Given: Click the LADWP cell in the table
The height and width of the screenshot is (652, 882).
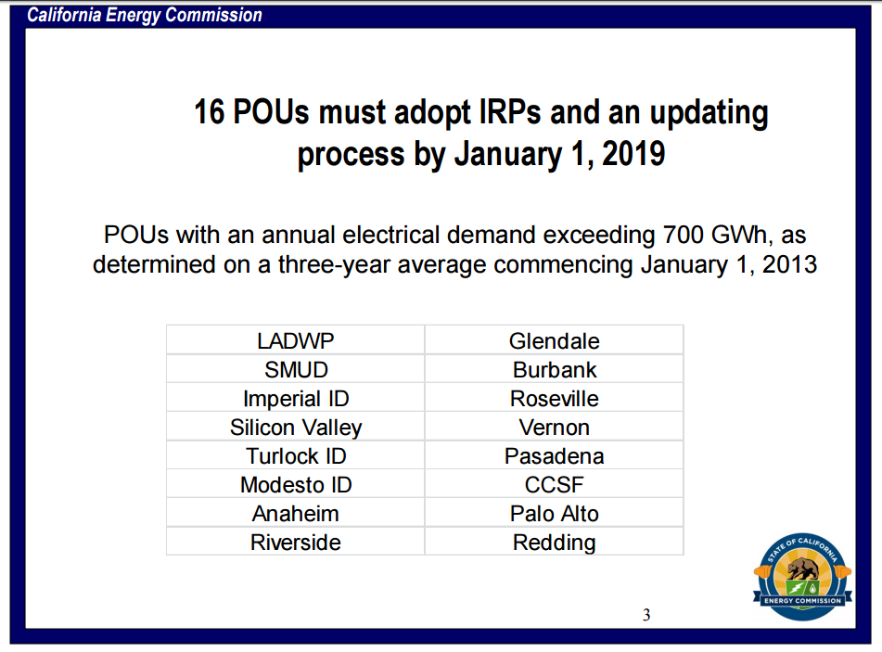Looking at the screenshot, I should click(296, 340).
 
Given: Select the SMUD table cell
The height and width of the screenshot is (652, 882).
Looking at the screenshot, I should click(296, 370).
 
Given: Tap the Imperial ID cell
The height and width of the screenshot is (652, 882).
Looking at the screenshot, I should click(296, 399).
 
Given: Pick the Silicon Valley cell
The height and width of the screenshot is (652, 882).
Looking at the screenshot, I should click(296, 428).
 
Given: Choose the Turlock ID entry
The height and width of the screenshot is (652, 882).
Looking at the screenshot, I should click(296, 456).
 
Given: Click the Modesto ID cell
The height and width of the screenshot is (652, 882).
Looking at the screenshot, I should click(296, 485).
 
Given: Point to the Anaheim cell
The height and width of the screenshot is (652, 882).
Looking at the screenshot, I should click(296, 514).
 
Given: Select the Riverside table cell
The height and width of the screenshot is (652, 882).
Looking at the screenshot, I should click(296, 543).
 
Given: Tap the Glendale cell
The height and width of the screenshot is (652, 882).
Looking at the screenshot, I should click(554, 340).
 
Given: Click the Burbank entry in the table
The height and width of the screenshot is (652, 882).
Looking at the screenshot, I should click(554, 370).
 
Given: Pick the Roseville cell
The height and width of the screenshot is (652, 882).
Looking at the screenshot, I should click(554, 399).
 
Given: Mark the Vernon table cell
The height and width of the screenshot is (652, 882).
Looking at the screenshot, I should click(554, 428).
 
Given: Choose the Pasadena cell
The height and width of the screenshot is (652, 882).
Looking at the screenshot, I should click(554, 456).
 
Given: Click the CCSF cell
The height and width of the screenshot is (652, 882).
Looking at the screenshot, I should click(554, 485).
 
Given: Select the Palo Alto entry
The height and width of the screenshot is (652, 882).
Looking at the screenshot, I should click(554, 514).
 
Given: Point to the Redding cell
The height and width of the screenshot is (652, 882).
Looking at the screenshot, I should click(554, 543).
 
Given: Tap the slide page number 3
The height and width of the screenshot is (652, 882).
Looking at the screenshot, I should click(646, 615).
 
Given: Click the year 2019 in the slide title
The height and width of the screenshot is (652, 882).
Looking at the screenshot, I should click(633, 154).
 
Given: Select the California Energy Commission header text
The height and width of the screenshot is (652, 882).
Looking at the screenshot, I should click(145, 15).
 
